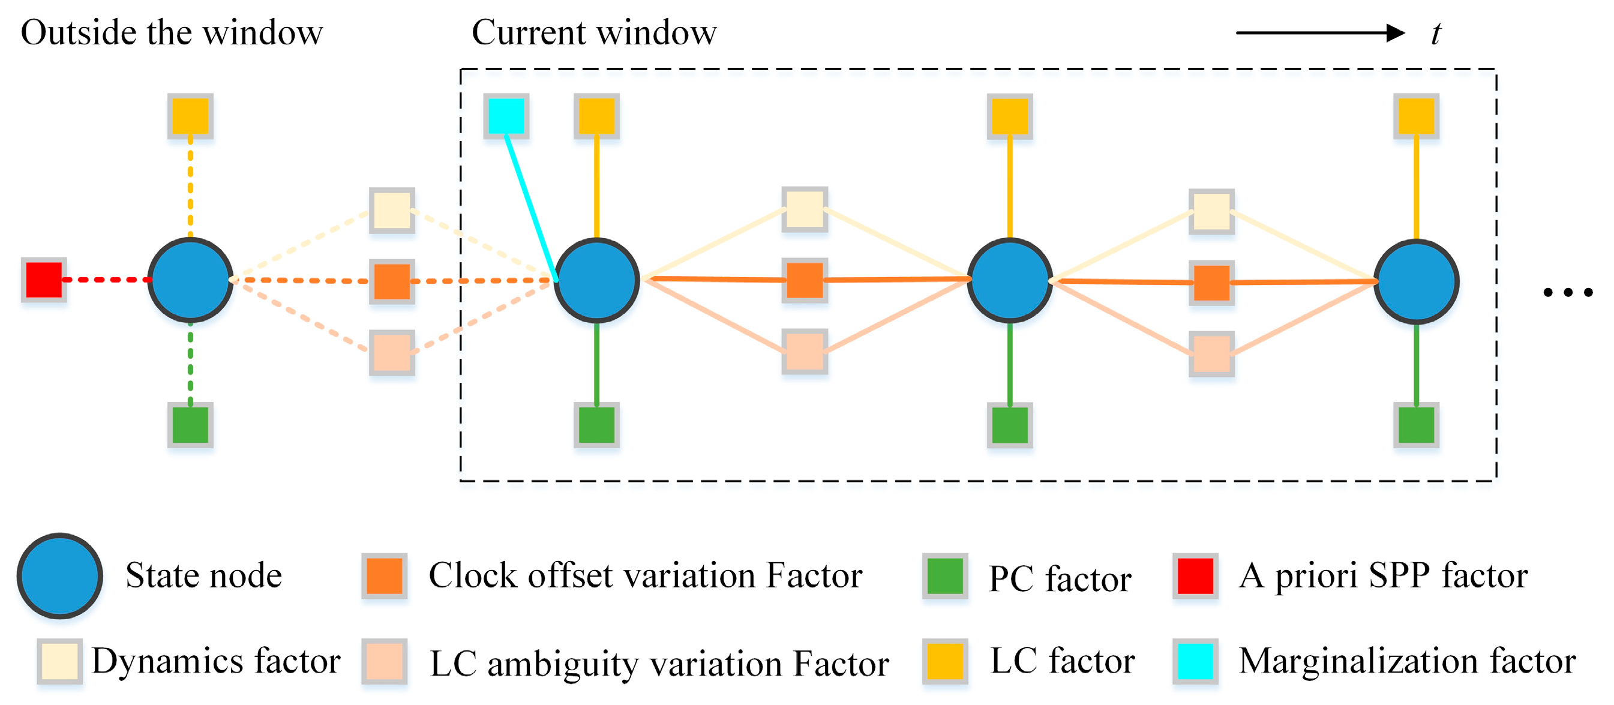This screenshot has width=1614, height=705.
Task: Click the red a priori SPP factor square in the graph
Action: [44, 280]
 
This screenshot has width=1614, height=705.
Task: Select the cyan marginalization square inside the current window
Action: [506, 116]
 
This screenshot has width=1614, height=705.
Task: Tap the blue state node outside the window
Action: [190, 280]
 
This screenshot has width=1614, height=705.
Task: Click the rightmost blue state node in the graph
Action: [1416, 281]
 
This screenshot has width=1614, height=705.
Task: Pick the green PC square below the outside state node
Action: [190, 425]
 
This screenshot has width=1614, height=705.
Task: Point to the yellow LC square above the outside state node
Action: [190, 116]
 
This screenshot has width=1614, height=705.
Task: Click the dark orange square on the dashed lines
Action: [392, 281]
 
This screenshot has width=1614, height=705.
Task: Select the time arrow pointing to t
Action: [1319, 32]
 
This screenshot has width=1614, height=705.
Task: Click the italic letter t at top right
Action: [1435, 34]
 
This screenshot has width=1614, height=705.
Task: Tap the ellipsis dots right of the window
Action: [1568, 292]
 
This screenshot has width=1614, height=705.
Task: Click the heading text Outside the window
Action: [172, 32]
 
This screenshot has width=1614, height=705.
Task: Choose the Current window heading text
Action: [593, 32]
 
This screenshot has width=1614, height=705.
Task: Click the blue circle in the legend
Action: [59, 576]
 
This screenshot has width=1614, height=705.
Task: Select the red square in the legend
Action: [1195, 576]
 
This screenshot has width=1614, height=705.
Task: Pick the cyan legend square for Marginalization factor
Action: [1195, 661]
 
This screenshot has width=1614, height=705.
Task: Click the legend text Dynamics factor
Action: [215, 661]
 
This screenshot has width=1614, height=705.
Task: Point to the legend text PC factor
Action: [1059, 578]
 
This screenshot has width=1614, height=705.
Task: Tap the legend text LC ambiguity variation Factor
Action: [659, 664]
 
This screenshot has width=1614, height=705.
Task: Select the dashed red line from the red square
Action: [105, 280]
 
